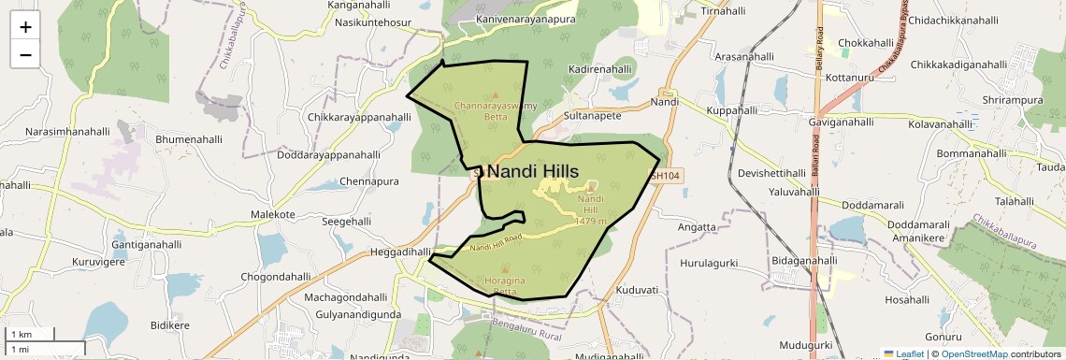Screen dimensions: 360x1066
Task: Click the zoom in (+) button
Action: (25, 27)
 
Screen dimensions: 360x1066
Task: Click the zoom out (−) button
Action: (25, 54)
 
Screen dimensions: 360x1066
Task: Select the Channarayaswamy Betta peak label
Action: (496, 112)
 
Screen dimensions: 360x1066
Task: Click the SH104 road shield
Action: (666, 175)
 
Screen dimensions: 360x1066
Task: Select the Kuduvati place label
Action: (639, 290)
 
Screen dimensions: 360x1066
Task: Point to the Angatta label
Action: (697, 226)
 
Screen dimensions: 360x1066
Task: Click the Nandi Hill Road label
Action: (496, 242)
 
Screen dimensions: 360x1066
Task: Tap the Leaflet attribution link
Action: (903, 353)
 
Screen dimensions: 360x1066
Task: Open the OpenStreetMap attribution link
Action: (974, 353)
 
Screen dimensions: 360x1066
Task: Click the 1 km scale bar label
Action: (21, 334)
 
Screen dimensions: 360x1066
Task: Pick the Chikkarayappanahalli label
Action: (359, 117)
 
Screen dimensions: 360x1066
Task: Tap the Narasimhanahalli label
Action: (68, 132)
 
